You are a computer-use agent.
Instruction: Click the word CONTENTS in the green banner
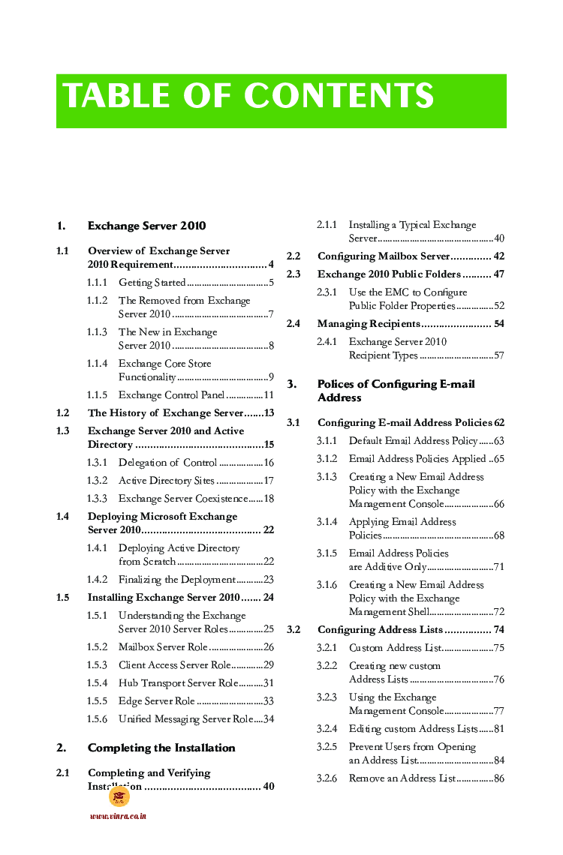339,97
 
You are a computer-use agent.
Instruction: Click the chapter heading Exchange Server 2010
146,226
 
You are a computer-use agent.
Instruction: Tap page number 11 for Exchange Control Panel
268,395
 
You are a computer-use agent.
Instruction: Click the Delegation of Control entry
167,463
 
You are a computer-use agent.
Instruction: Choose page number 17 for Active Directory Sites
268,481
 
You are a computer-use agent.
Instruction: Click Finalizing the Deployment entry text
176,580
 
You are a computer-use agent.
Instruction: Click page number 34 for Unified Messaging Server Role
268,719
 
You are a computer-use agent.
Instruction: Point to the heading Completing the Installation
161,748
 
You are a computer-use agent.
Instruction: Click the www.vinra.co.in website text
118,817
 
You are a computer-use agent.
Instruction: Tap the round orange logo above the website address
119,796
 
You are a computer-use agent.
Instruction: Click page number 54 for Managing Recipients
498,324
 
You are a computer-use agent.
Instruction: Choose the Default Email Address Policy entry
413,441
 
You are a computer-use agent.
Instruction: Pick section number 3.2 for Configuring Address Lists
294,630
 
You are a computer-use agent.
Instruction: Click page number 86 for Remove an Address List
498,778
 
